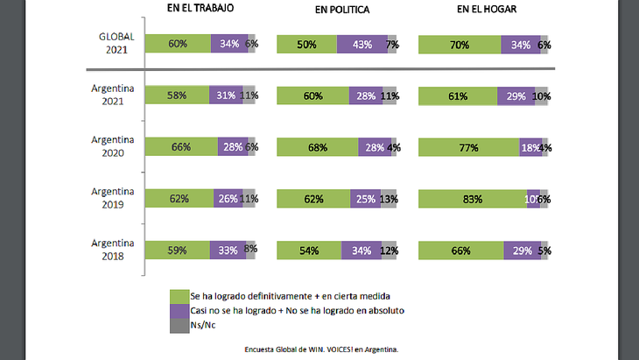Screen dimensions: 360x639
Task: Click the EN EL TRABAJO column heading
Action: pos(200,8)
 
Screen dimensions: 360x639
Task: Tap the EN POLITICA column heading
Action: pos(342,9)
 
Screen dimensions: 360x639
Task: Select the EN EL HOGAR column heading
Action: pos(487,9)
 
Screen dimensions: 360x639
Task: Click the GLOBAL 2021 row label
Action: pos(116,44)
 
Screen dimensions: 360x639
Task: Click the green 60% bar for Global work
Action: pos(178,45)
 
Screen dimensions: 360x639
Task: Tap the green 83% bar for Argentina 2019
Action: pos(473,199)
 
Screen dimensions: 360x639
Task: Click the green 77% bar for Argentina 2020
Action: pos(468,148)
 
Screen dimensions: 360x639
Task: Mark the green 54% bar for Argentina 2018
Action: pos(308,251)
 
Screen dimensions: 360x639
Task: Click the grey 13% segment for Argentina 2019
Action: pos(389,199)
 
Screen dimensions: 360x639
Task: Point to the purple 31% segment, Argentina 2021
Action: pos(223,95)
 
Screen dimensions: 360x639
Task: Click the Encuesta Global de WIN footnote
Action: pos(321,349)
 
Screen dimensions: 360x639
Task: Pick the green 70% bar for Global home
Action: pos(459,45)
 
